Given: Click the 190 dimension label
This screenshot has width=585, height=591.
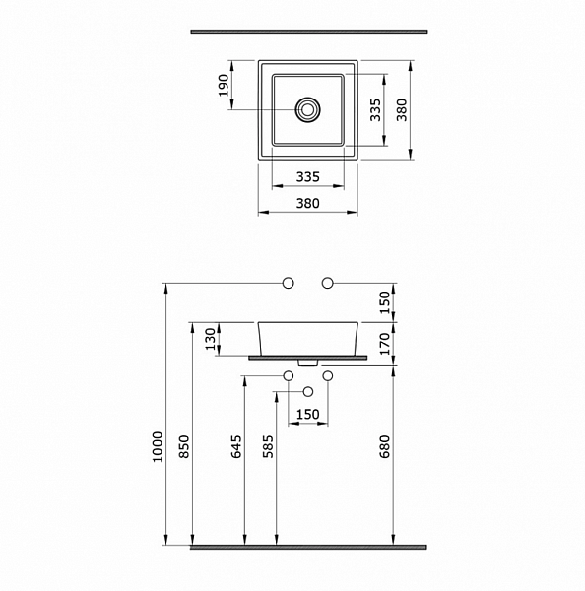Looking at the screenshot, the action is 224,86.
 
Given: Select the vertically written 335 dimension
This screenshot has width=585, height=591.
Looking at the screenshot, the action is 375,110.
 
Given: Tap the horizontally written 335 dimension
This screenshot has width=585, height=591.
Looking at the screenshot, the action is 308,176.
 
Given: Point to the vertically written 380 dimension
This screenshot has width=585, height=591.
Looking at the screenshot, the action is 402,110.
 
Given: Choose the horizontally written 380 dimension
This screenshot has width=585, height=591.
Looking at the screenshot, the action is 308,204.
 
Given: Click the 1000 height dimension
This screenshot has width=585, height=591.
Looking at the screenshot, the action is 158,447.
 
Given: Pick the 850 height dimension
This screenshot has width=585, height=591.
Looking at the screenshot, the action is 184,447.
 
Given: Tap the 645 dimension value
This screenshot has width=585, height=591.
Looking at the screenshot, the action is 236,447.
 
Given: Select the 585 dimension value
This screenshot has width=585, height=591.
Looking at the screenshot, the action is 268,447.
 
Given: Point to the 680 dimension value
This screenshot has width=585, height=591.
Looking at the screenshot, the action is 384,447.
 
